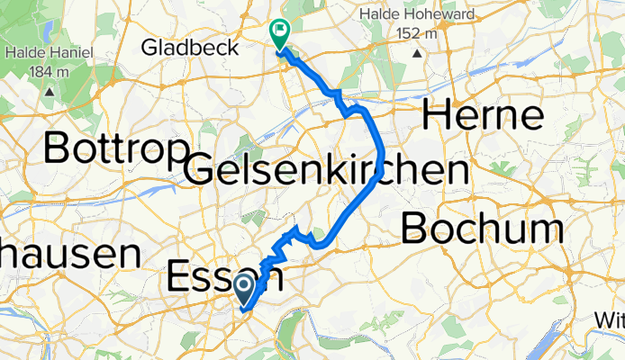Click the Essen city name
[225, 275]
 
